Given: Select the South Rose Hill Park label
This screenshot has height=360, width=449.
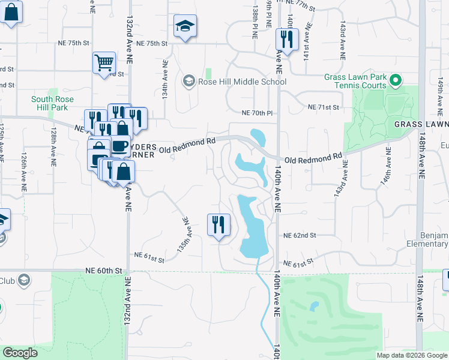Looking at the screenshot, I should pos(50,103).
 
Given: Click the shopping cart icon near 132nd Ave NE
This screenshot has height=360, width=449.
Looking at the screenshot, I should pos(104,62).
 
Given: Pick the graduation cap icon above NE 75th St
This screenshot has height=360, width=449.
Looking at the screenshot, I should pos(185,26).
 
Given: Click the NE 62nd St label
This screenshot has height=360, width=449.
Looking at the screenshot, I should pos(300,236).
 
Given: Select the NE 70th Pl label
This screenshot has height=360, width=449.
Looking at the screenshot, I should pos(257,112).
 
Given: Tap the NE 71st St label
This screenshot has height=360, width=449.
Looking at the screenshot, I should pos(324,107).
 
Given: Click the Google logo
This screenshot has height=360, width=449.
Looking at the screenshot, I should pos(20,353).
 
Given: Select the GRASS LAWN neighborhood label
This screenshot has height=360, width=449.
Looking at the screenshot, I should pos(421,124).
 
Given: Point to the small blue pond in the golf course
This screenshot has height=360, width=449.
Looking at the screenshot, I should pos(313,306).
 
